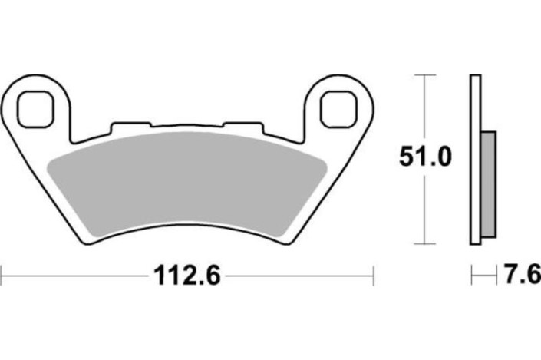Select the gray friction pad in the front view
(x=184, y=184)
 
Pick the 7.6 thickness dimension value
(x=523, y=273)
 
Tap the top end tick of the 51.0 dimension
(x=424, y=75)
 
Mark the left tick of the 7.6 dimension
(x=471, y=273)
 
